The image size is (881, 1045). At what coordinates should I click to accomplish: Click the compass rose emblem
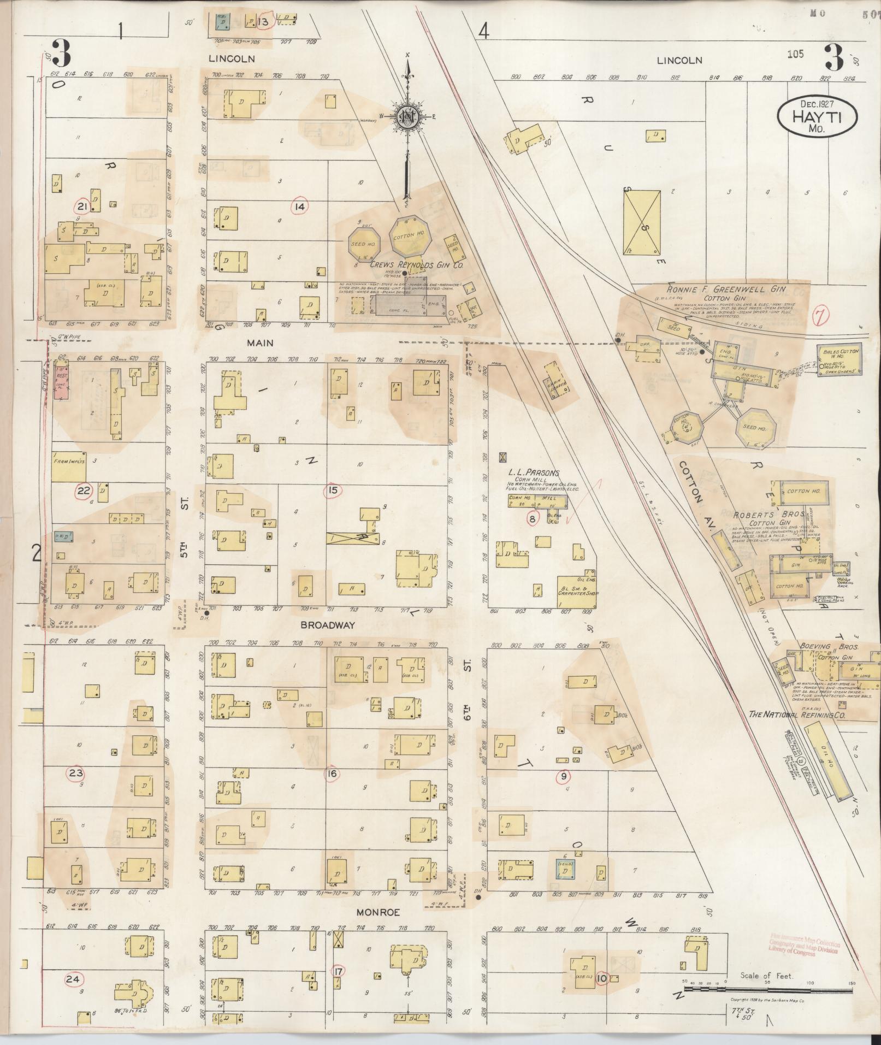point(406,117)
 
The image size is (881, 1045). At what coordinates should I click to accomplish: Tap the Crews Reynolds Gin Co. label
point(417,264)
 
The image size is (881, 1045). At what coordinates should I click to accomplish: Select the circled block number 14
point(300,206)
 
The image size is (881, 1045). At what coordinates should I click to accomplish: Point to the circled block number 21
point(83,206)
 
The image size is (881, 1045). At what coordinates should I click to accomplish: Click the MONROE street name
point(379,913)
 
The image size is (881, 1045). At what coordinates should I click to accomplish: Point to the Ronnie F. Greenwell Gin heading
point(721,290)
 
